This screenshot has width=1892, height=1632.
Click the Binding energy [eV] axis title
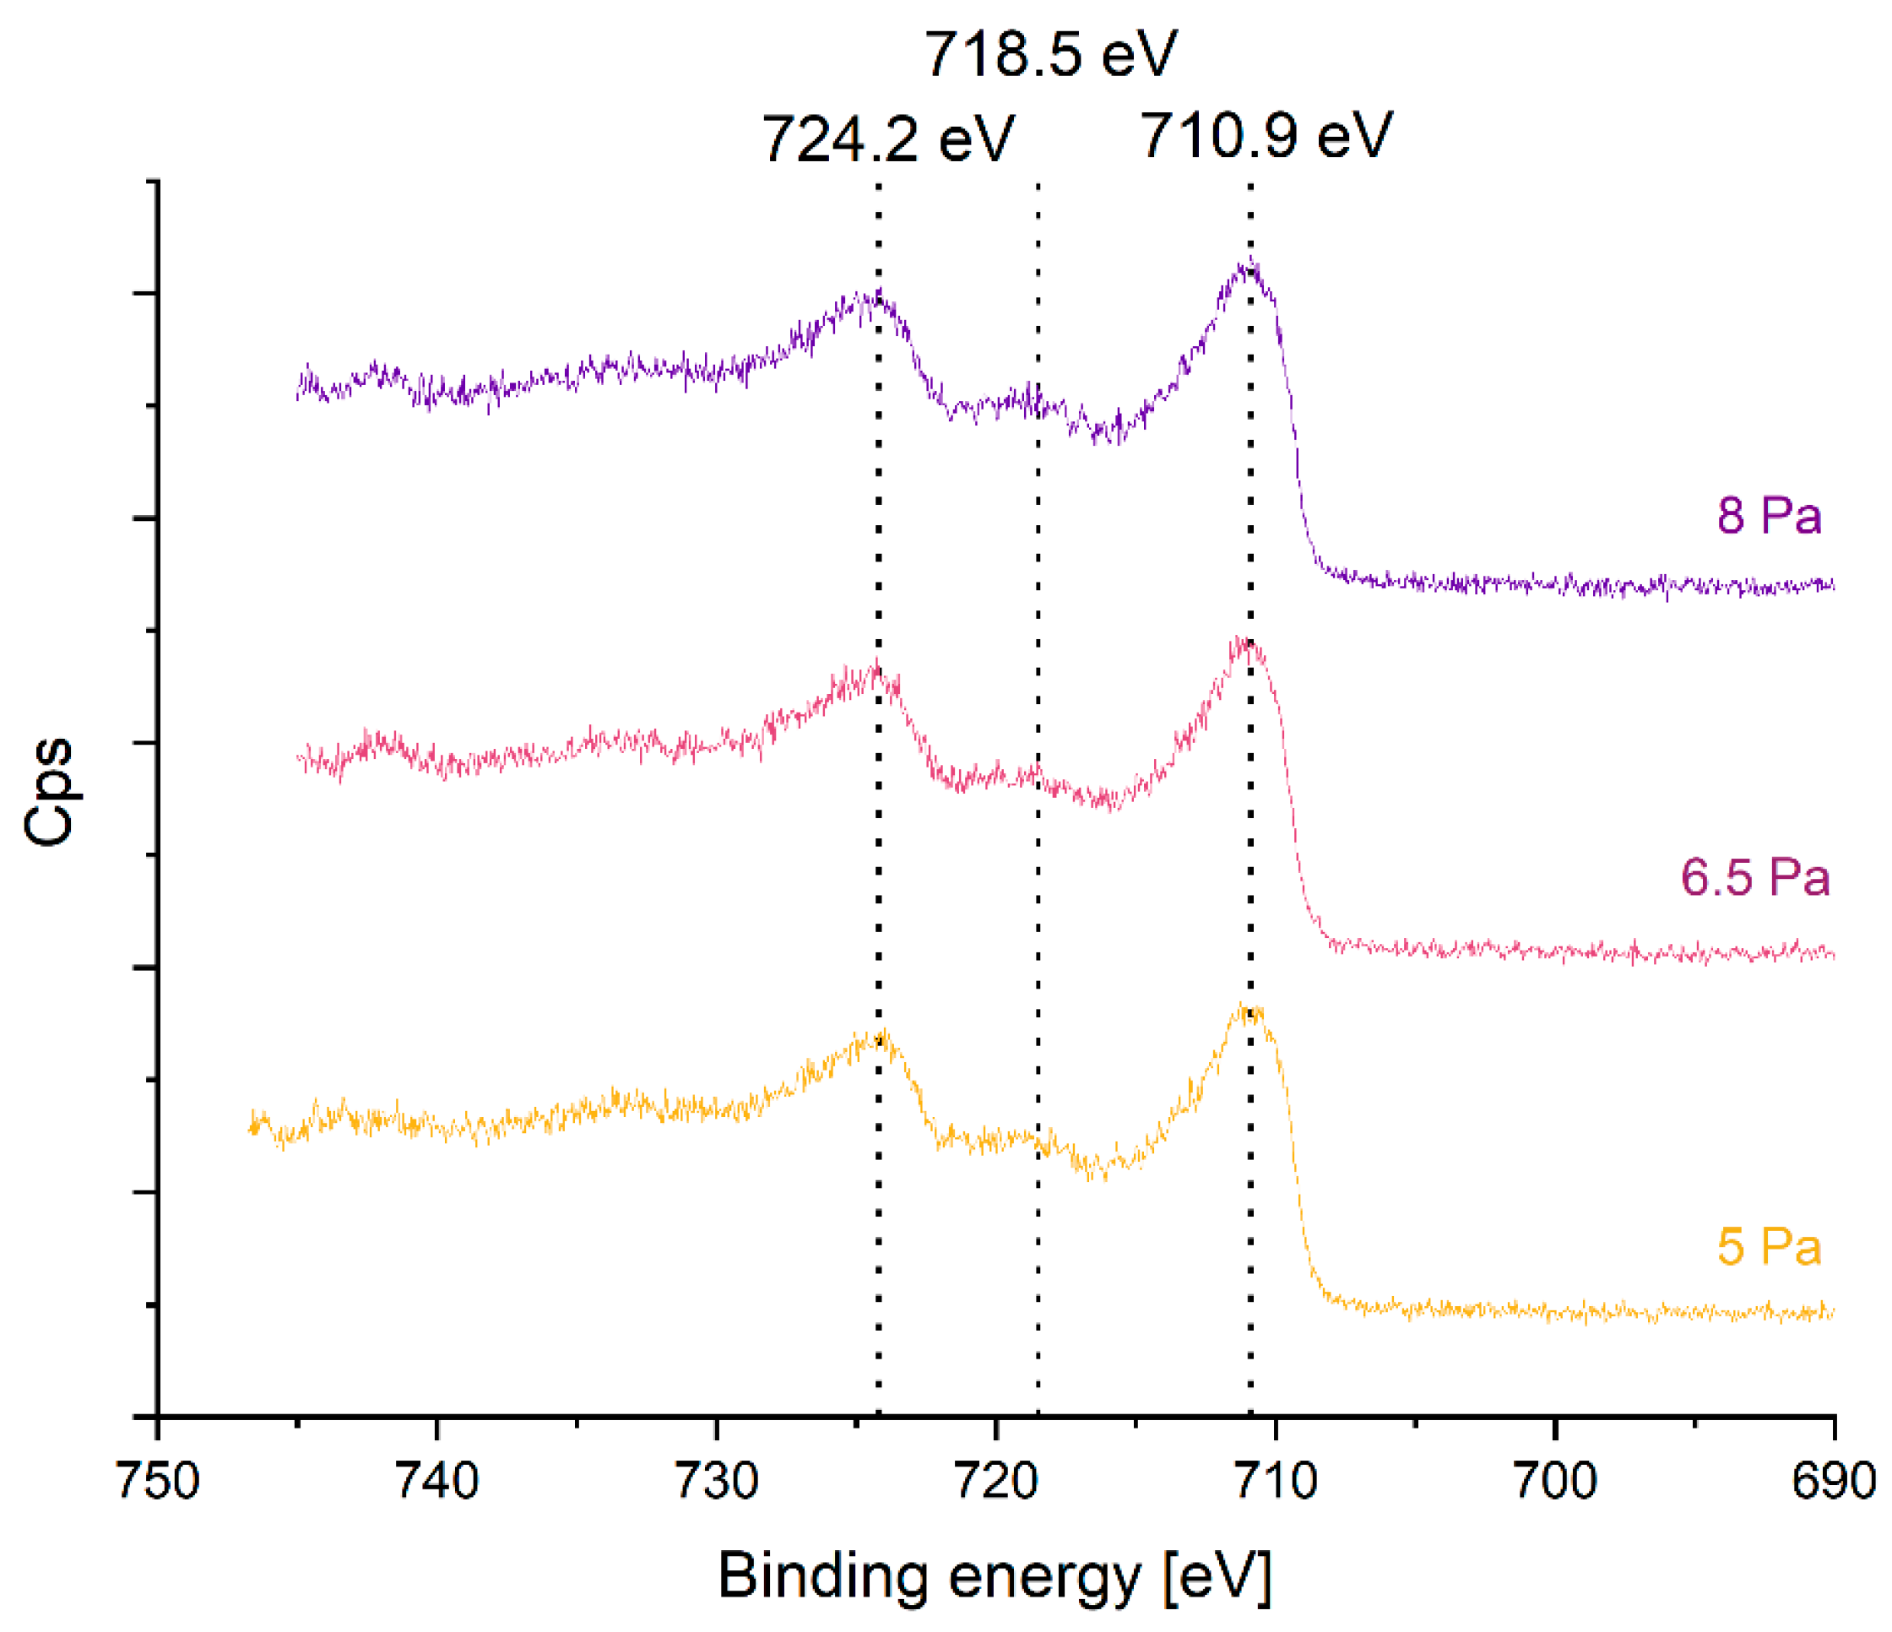coord(995,1576)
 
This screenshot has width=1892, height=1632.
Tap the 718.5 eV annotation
coord(1051,54)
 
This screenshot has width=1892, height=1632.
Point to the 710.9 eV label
coord(1266,136)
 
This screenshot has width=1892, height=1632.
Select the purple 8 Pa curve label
coord(1769,515)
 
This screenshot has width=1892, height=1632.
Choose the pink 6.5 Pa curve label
coord(1755,878)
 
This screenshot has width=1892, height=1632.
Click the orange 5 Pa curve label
coord(1769,1247)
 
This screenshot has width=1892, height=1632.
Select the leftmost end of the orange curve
coord(251,1129)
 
